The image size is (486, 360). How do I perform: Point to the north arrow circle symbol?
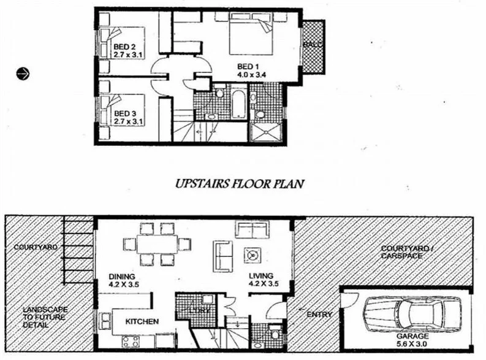pos(23,73)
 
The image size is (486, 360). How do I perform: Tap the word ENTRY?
pos(319,315)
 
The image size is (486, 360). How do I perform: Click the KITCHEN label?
pos(142,321)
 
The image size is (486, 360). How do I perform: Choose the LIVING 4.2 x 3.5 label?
pos(264,280)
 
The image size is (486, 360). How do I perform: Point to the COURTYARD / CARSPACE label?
pos(401,252)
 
